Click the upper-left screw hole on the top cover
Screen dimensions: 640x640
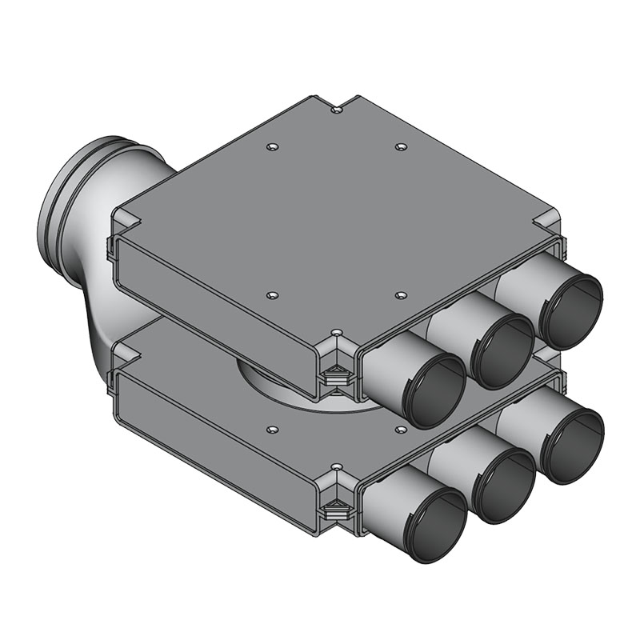pos(273,147)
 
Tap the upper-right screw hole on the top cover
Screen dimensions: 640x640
pos(401,147)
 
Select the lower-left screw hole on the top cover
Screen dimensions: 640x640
pos(273,295)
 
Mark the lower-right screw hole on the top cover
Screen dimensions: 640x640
pos(400,294)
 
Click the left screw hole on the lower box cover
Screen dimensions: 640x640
pos(273,430)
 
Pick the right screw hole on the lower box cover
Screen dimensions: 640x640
pos(400,430)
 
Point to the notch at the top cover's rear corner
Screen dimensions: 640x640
pos(338,106)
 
